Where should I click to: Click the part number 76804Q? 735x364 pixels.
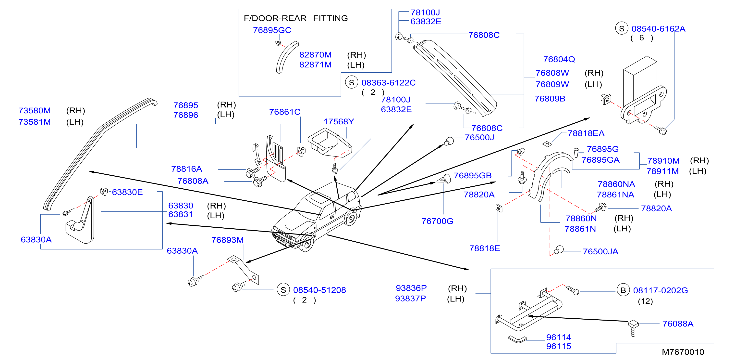559,59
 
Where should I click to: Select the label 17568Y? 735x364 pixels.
339,122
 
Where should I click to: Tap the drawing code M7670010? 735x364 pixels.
683,352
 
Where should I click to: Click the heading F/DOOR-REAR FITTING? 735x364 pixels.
296,18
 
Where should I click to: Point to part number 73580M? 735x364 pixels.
35,111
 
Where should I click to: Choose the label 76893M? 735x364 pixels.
227,240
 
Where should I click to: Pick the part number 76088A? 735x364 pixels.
678,324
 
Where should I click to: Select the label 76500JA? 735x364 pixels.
600,251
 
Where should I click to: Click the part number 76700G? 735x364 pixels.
437,221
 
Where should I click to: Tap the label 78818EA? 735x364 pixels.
586,133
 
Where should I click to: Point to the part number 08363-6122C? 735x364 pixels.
388,83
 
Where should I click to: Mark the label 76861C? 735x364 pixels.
285,112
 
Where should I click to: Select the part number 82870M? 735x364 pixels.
315,55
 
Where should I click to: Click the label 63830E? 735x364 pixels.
127,192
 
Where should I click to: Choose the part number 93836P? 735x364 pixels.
411,288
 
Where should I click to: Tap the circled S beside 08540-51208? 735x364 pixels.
283,290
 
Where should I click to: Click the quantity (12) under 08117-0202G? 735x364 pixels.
645,301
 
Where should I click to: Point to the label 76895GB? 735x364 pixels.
473,175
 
